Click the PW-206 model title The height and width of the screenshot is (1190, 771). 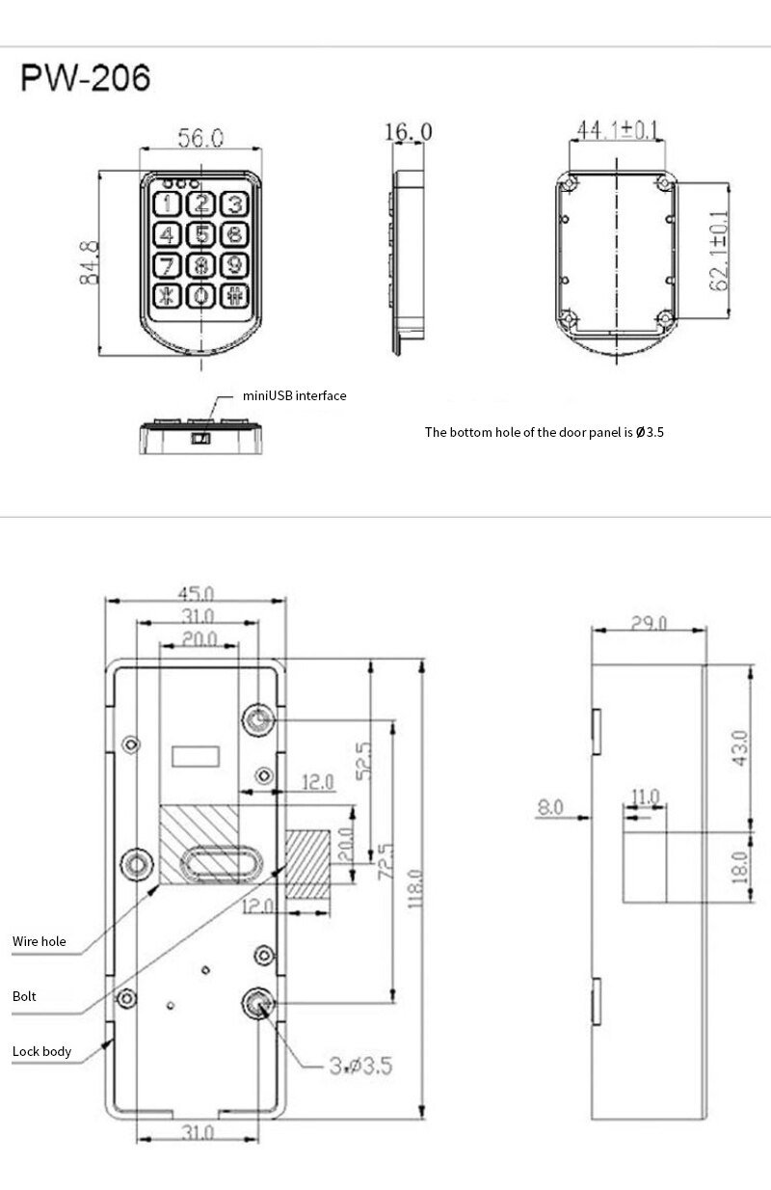[86, 79]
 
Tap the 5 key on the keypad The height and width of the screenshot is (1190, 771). [200, 234]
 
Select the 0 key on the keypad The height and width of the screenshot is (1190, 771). [200, 295]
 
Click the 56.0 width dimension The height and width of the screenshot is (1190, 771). [200, 139]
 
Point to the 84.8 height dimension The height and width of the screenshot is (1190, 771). [89, 263]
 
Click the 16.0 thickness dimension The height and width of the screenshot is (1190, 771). [409, 131]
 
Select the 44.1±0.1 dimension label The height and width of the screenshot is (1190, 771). [618, 128]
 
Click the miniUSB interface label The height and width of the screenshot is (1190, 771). [294, 395]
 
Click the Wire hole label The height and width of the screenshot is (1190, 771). [40, 940]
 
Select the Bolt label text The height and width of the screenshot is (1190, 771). [25, 996]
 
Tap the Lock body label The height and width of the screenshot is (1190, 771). [42, 1051]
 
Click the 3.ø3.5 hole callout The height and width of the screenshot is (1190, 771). [359, 1067]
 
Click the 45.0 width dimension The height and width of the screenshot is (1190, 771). [196, 592]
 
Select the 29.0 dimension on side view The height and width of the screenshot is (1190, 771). [649, 624]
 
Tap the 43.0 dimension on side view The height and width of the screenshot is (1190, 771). [738, 748]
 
